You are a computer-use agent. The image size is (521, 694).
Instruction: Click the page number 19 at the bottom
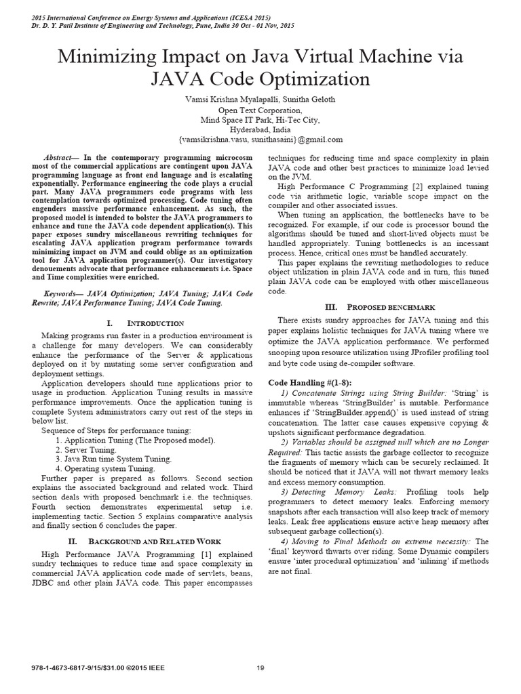pyautogui.click(x=260, y=668)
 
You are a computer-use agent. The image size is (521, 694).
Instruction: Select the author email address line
pyautogui.click(x=260, y=140)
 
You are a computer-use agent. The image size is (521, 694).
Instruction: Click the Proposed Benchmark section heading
pyautogui.click(x=389, y=307)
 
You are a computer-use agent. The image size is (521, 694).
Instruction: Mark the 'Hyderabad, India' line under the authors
pyautogui.click(x=260, y=129)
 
